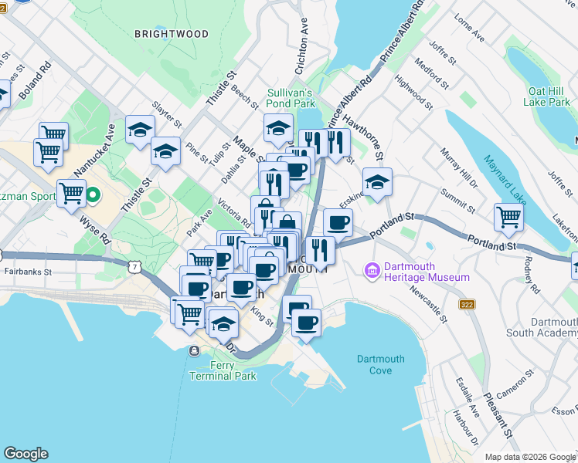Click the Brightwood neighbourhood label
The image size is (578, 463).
(x=172, y=34)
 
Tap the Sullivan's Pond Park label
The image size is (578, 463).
(x=291, y=97)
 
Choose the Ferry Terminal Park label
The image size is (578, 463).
(x=223, y=370)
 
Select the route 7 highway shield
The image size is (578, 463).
(x=136, y=266)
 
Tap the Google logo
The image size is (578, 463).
(x=25, y=454)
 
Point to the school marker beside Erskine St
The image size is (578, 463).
(x=377, y=182)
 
